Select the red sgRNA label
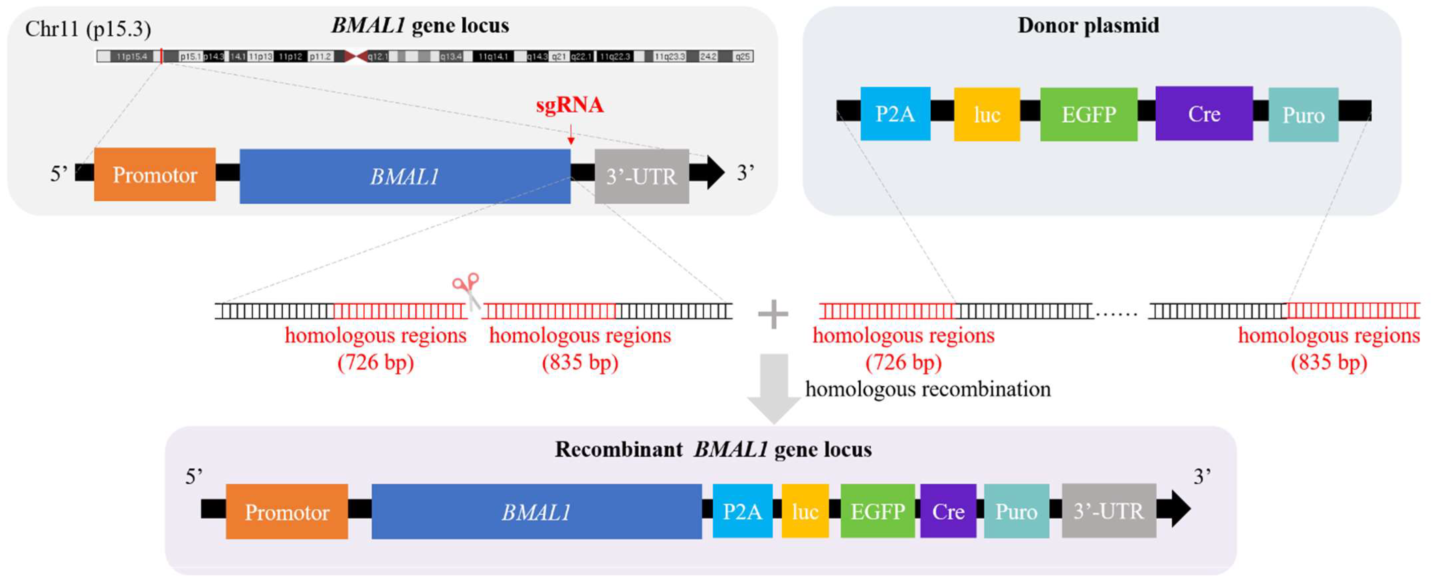[569, 105]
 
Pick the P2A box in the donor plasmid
[895, 114]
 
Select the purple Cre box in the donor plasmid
[1203, 114]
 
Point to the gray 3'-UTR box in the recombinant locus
[1108, 511]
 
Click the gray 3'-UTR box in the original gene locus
[641, 176]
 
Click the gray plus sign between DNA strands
[773, 315]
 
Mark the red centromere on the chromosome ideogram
[356, 56]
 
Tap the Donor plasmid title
[1088, 26]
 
